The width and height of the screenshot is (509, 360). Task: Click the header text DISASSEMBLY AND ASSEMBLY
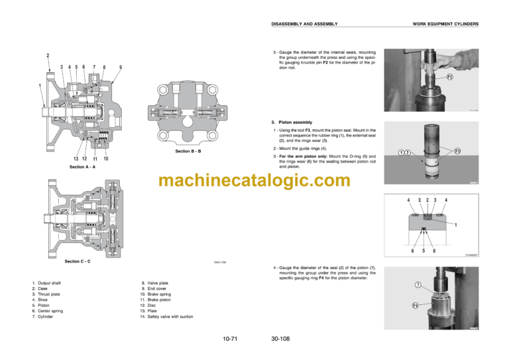click(305, 24)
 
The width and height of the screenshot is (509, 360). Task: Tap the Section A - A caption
click(83, 167)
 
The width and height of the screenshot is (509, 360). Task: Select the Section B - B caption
click(188, 152)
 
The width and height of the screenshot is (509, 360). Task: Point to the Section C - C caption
click(78, 261)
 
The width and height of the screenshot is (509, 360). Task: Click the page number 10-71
click(231, 339)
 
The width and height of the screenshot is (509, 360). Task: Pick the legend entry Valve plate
click(158, 283)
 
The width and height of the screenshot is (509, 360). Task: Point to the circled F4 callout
click(414, 306)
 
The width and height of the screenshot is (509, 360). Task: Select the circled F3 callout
click(457, 151)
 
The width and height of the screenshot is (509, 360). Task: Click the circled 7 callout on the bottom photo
click(418, 285)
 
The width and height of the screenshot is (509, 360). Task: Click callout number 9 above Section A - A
click(120, 67)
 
